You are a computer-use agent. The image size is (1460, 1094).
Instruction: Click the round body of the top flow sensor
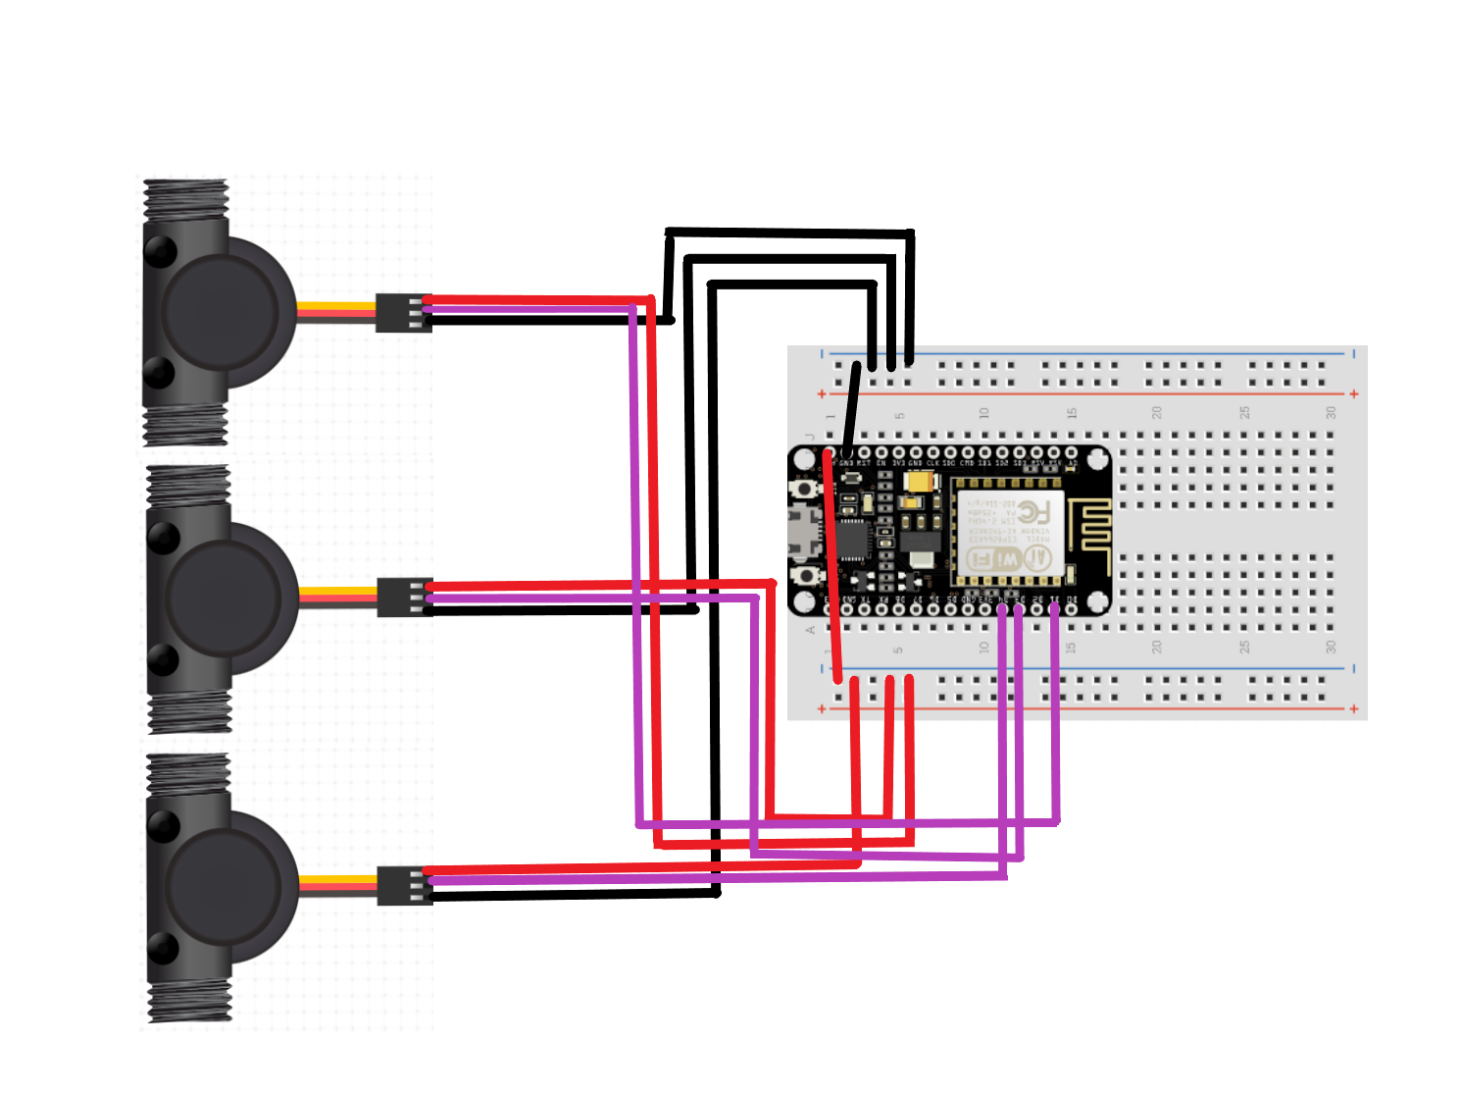click(220, 310)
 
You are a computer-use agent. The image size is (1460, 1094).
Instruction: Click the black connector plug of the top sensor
click(403, 313)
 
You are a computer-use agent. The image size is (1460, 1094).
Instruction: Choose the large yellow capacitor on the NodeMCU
click(920, 483)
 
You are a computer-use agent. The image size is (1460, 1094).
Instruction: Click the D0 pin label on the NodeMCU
click(1071, 599)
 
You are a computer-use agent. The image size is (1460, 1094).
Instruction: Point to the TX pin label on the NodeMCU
click(864, 599)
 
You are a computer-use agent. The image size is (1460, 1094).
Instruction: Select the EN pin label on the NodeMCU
click(881, 462)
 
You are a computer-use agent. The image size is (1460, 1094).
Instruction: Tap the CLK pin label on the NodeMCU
click(932, 462)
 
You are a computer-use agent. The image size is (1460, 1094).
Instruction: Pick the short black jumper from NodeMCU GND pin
click(851, 407)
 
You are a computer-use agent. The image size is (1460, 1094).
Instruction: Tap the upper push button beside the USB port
click(805, 488)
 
